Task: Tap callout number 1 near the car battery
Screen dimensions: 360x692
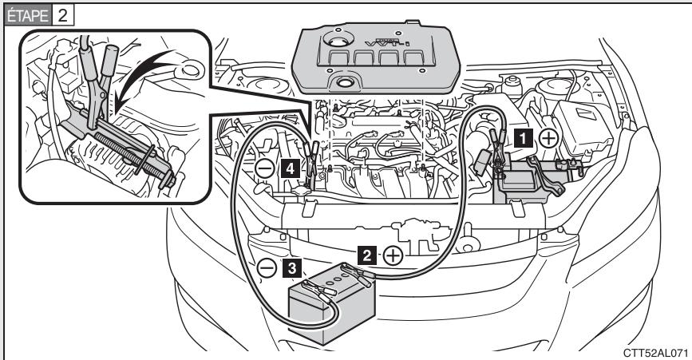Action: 524,137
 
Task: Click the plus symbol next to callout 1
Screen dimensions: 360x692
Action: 548,137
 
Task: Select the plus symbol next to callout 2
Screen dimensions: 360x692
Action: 392,255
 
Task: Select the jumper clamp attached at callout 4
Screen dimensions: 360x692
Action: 312,151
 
